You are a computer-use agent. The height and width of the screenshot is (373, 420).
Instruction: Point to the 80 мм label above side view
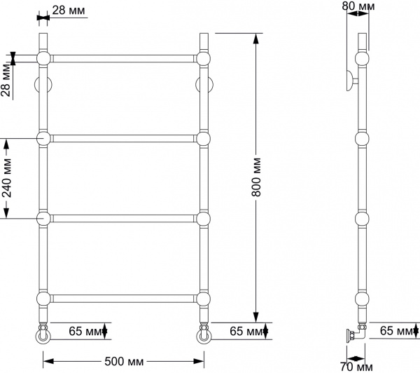pos(358,7)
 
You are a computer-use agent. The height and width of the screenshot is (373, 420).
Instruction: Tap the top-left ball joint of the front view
pos(43,58)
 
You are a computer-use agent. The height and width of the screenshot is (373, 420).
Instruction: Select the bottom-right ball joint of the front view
pos(203,299)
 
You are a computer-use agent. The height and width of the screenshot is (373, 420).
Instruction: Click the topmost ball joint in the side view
pos(362,58)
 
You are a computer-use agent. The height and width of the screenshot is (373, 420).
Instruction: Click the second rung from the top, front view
pos(123,138)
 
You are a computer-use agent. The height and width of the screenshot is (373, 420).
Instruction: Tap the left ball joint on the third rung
pos(43,219)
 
